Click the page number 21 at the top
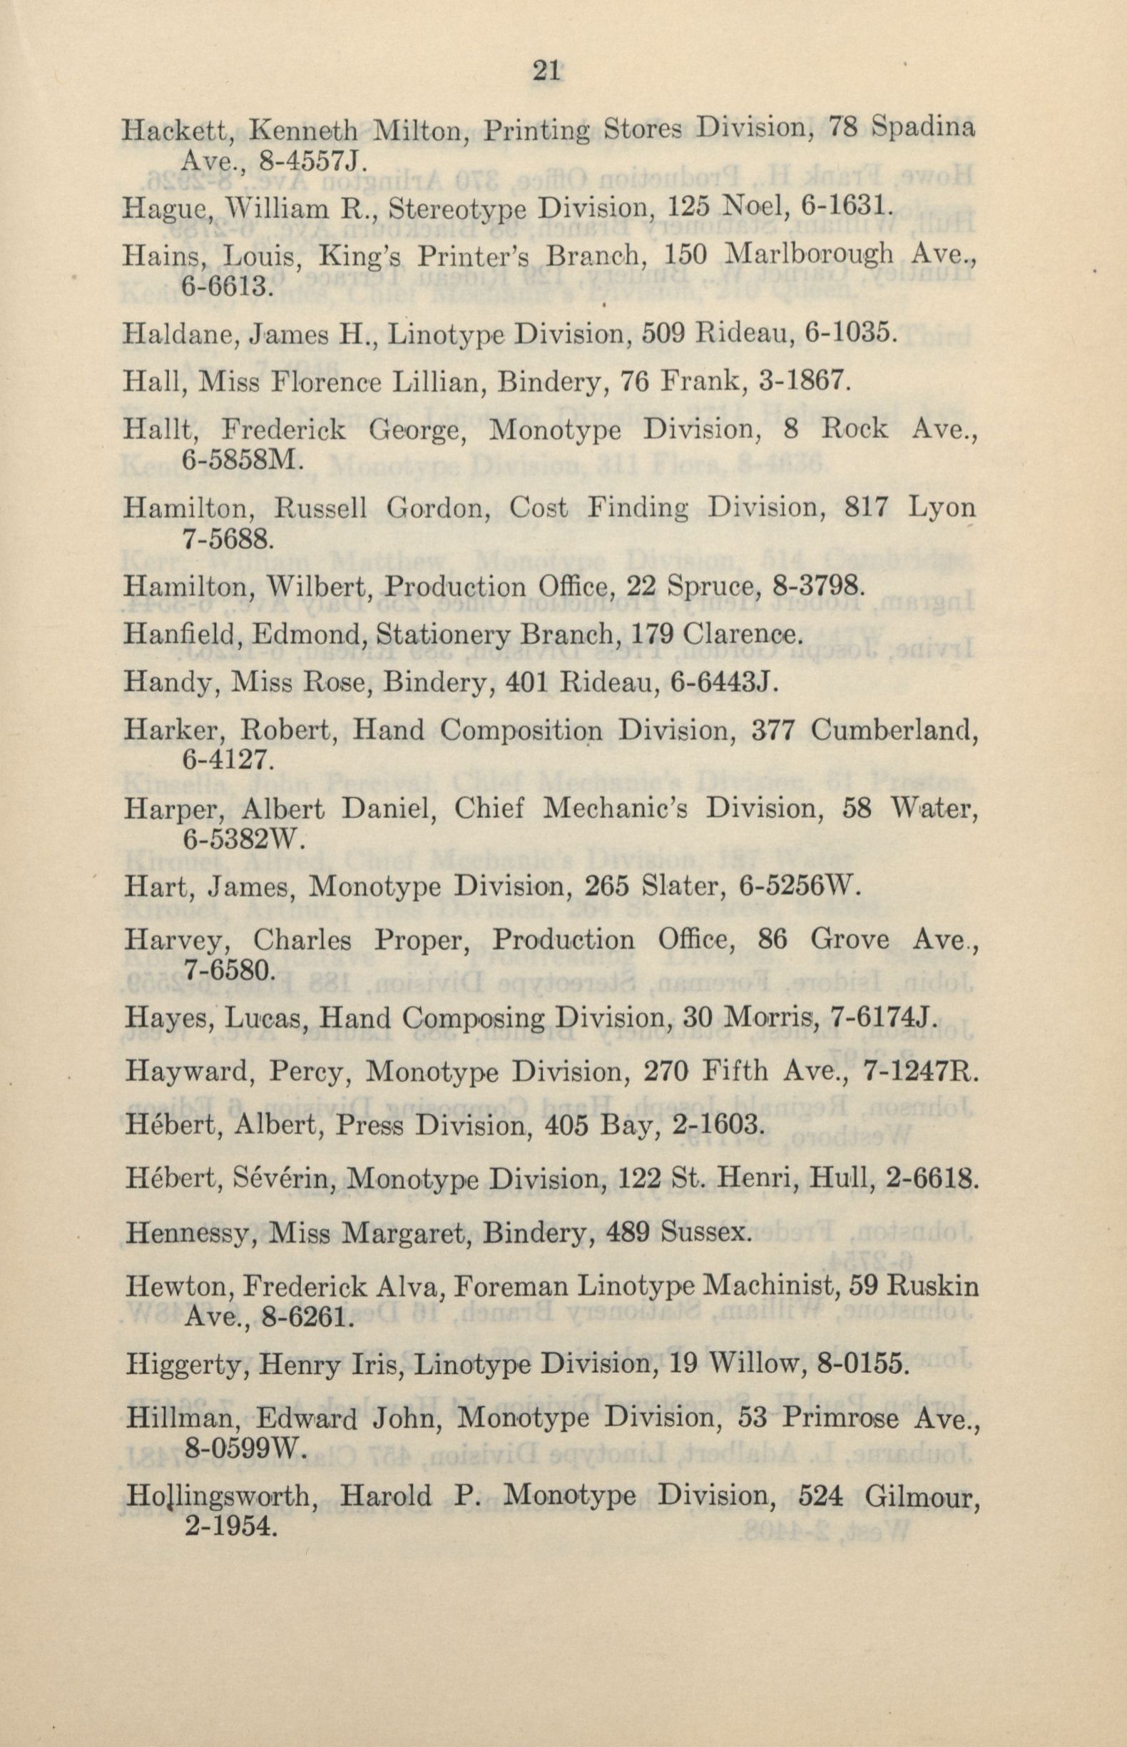click(546, 72)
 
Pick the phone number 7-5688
click(227, 540)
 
